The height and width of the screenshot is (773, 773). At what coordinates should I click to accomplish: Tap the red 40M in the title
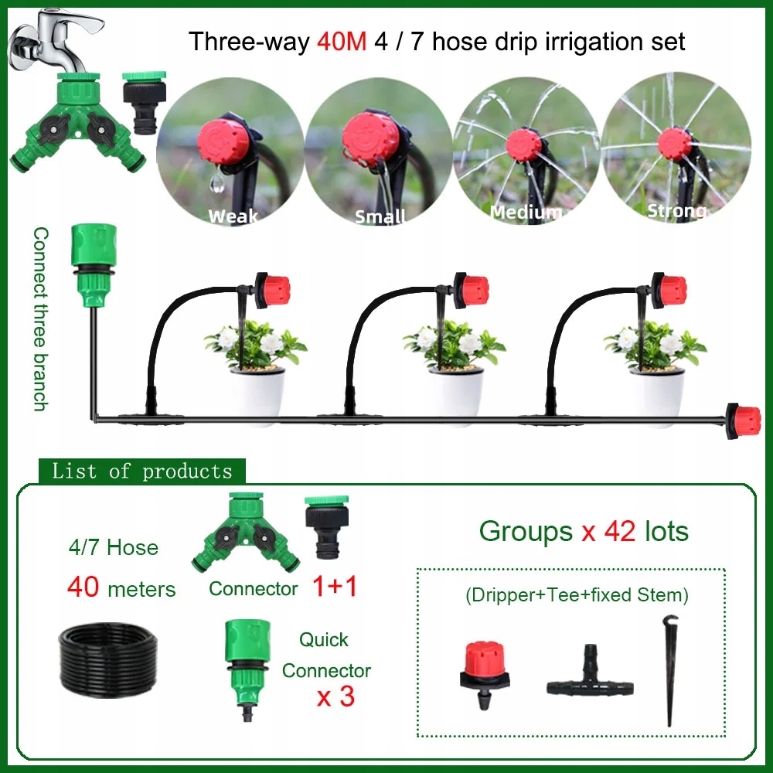[x=342, y=42]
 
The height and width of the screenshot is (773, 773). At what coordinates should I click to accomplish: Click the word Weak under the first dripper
[x=233, y=216]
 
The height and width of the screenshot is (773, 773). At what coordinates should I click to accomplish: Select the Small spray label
[x=380, y=216]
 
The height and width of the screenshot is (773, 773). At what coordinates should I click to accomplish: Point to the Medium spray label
[x=526, y=212]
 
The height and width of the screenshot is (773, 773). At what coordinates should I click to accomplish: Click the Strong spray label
[x=677, y=210]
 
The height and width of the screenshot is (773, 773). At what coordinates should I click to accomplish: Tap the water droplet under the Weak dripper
[x=217, y=183]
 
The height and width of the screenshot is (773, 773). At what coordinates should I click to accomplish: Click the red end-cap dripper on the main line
[x=743, y=420]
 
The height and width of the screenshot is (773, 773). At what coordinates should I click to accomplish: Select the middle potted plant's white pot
[x=457, y=394]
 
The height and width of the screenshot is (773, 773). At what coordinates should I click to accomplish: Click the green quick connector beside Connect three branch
[x=94, y=264]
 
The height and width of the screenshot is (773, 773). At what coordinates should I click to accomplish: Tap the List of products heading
[x=142, y=472]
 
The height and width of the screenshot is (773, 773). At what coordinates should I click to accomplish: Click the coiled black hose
[x=108, y=659]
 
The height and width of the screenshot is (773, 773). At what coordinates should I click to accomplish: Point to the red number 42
[x=620, y=532]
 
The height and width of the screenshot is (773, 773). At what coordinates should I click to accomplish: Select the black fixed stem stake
[x=670, y=670]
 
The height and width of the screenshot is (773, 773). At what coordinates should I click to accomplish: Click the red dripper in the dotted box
[x=485, y=674]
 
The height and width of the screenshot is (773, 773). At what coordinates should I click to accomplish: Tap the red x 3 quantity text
[x=335, y=697]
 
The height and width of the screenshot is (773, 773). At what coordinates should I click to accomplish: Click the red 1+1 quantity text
[x=335, y=587]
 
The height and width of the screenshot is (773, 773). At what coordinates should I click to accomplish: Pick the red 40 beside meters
[x=83, y=587]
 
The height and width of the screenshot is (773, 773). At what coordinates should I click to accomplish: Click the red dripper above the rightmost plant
[x=669, y=291]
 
